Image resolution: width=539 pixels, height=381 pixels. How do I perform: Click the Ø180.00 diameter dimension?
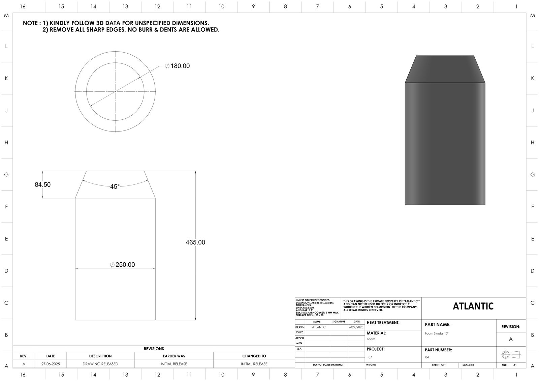178,66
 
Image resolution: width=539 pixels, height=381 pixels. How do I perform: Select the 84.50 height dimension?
43,185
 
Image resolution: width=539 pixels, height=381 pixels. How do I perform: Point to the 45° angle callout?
115,187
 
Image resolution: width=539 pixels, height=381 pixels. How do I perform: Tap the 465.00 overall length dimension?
195,242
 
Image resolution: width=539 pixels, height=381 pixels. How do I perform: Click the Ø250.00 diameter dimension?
123,265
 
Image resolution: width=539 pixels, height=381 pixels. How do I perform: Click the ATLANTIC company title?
473,306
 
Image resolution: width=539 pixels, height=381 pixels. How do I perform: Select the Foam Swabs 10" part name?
437,333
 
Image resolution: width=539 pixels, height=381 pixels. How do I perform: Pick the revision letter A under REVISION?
511,339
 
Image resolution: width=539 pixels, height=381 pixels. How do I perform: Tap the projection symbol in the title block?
511,355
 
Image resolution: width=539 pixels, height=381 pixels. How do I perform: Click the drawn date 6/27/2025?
356,327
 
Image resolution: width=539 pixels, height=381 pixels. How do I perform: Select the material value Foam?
371,339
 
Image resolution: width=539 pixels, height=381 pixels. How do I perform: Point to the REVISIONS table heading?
154,349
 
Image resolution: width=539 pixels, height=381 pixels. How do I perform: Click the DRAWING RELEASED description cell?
100,364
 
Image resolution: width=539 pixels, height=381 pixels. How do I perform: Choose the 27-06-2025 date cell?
51,364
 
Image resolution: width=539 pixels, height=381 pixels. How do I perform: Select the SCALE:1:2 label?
469,365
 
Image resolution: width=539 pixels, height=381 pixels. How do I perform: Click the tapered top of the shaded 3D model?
445,69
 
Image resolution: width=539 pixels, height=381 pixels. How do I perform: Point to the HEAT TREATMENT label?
383,323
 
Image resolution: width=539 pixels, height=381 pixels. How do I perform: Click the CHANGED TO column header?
254,356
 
